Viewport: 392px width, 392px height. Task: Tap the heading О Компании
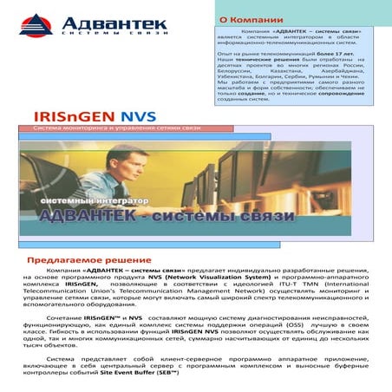pyautogui.click(x=252, y=17)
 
